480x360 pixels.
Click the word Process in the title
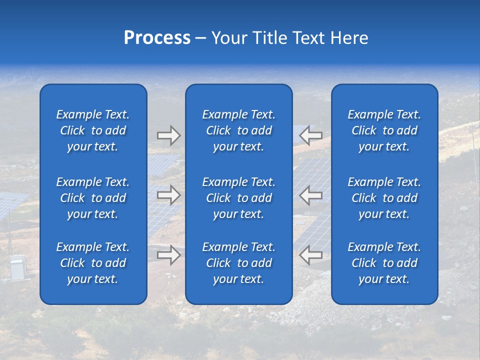point(157,38)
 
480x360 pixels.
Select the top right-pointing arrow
point(168,135)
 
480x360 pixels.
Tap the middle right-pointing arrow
point(168,195)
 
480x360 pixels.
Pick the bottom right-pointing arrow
point(168,255)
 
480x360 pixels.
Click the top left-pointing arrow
point(311,135)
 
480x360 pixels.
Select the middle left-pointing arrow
point(311,195)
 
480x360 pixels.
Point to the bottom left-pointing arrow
point(311,255)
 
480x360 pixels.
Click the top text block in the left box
point(93,130)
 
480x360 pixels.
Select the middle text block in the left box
point(93,198)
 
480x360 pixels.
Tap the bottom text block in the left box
point(93,263)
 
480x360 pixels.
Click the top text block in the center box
point(238,130)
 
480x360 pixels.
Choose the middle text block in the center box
point(238,198)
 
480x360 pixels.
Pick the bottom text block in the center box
point(238,263)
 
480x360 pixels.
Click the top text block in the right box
point(384,130)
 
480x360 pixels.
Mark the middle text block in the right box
point(384,198)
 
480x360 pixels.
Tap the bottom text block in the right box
point(384,263)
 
